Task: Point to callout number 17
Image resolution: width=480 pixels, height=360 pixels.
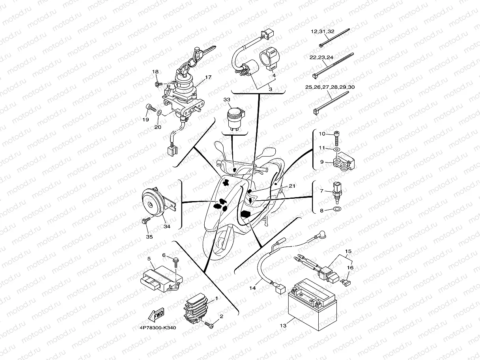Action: [x=208, y=77]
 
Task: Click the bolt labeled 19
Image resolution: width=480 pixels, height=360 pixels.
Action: [x=150, y=107]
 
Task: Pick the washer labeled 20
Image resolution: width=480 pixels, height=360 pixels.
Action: [x=159, y=113]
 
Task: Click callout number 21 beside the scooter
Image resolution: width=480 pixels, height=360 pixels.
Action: [x=291, y=186]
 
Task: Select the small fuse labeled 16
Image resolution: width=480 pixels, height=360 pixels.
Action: [x=347, y=282]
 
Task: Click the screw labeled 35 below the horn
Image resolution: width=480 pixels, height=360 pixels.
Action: [x=146, y=222]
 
